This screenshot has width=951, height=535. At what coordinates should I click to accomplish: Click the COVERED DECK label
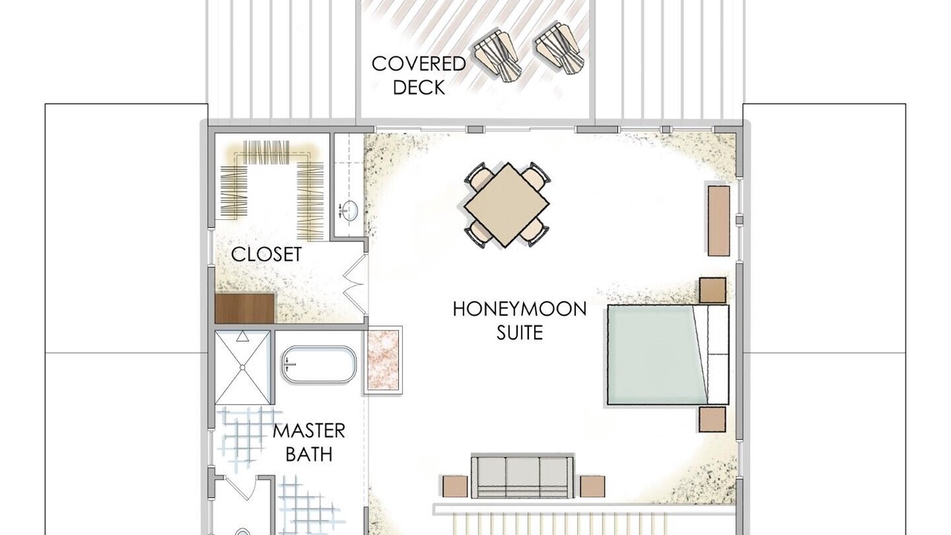[418, 76]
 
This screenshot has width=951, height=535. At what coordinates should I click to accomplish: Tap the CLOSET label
[266, 254]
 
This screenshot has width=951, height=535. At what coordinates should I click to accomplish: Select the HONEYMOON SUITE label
[519, 320]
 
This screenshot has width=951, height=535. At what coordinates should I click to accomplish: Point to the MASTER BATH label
[308, 442]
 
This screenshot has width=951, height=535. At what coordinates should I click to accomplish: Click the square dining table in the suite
[506, 204]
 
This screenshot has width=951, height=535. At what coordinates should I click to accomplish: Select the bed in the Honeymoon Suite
[668, 354]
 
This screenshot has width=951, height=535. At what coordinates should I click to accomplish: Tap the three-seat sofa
[522, 477]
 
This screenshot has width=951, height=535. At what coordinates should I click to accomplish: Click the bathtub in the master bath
[319, 365]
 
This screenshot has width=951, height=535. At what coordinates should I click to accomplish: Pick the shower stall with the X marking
[242, 367]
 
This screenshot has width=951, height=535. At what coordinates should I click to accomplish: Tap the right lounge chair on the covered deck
[559, 49]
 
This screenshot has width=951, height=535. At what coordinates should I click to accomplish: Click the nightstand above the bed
[713, 290]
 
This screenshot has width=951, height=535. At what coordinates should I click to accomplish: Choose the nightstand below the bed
[713, 420]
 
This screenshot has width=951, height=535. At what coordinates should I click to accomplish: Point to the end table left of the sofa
[455, 486]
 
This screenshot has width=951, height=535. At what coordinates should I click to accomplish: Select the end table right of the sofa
[593, 486]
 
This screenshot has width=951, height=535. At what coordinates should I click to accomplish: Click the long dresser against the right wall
[718, 221]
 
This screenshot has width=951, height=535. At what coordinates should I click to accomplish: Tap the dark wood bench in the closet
[244, 308]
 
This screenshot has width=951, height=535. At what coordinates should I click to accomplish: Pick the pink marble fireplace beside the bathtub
[382, 360]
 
